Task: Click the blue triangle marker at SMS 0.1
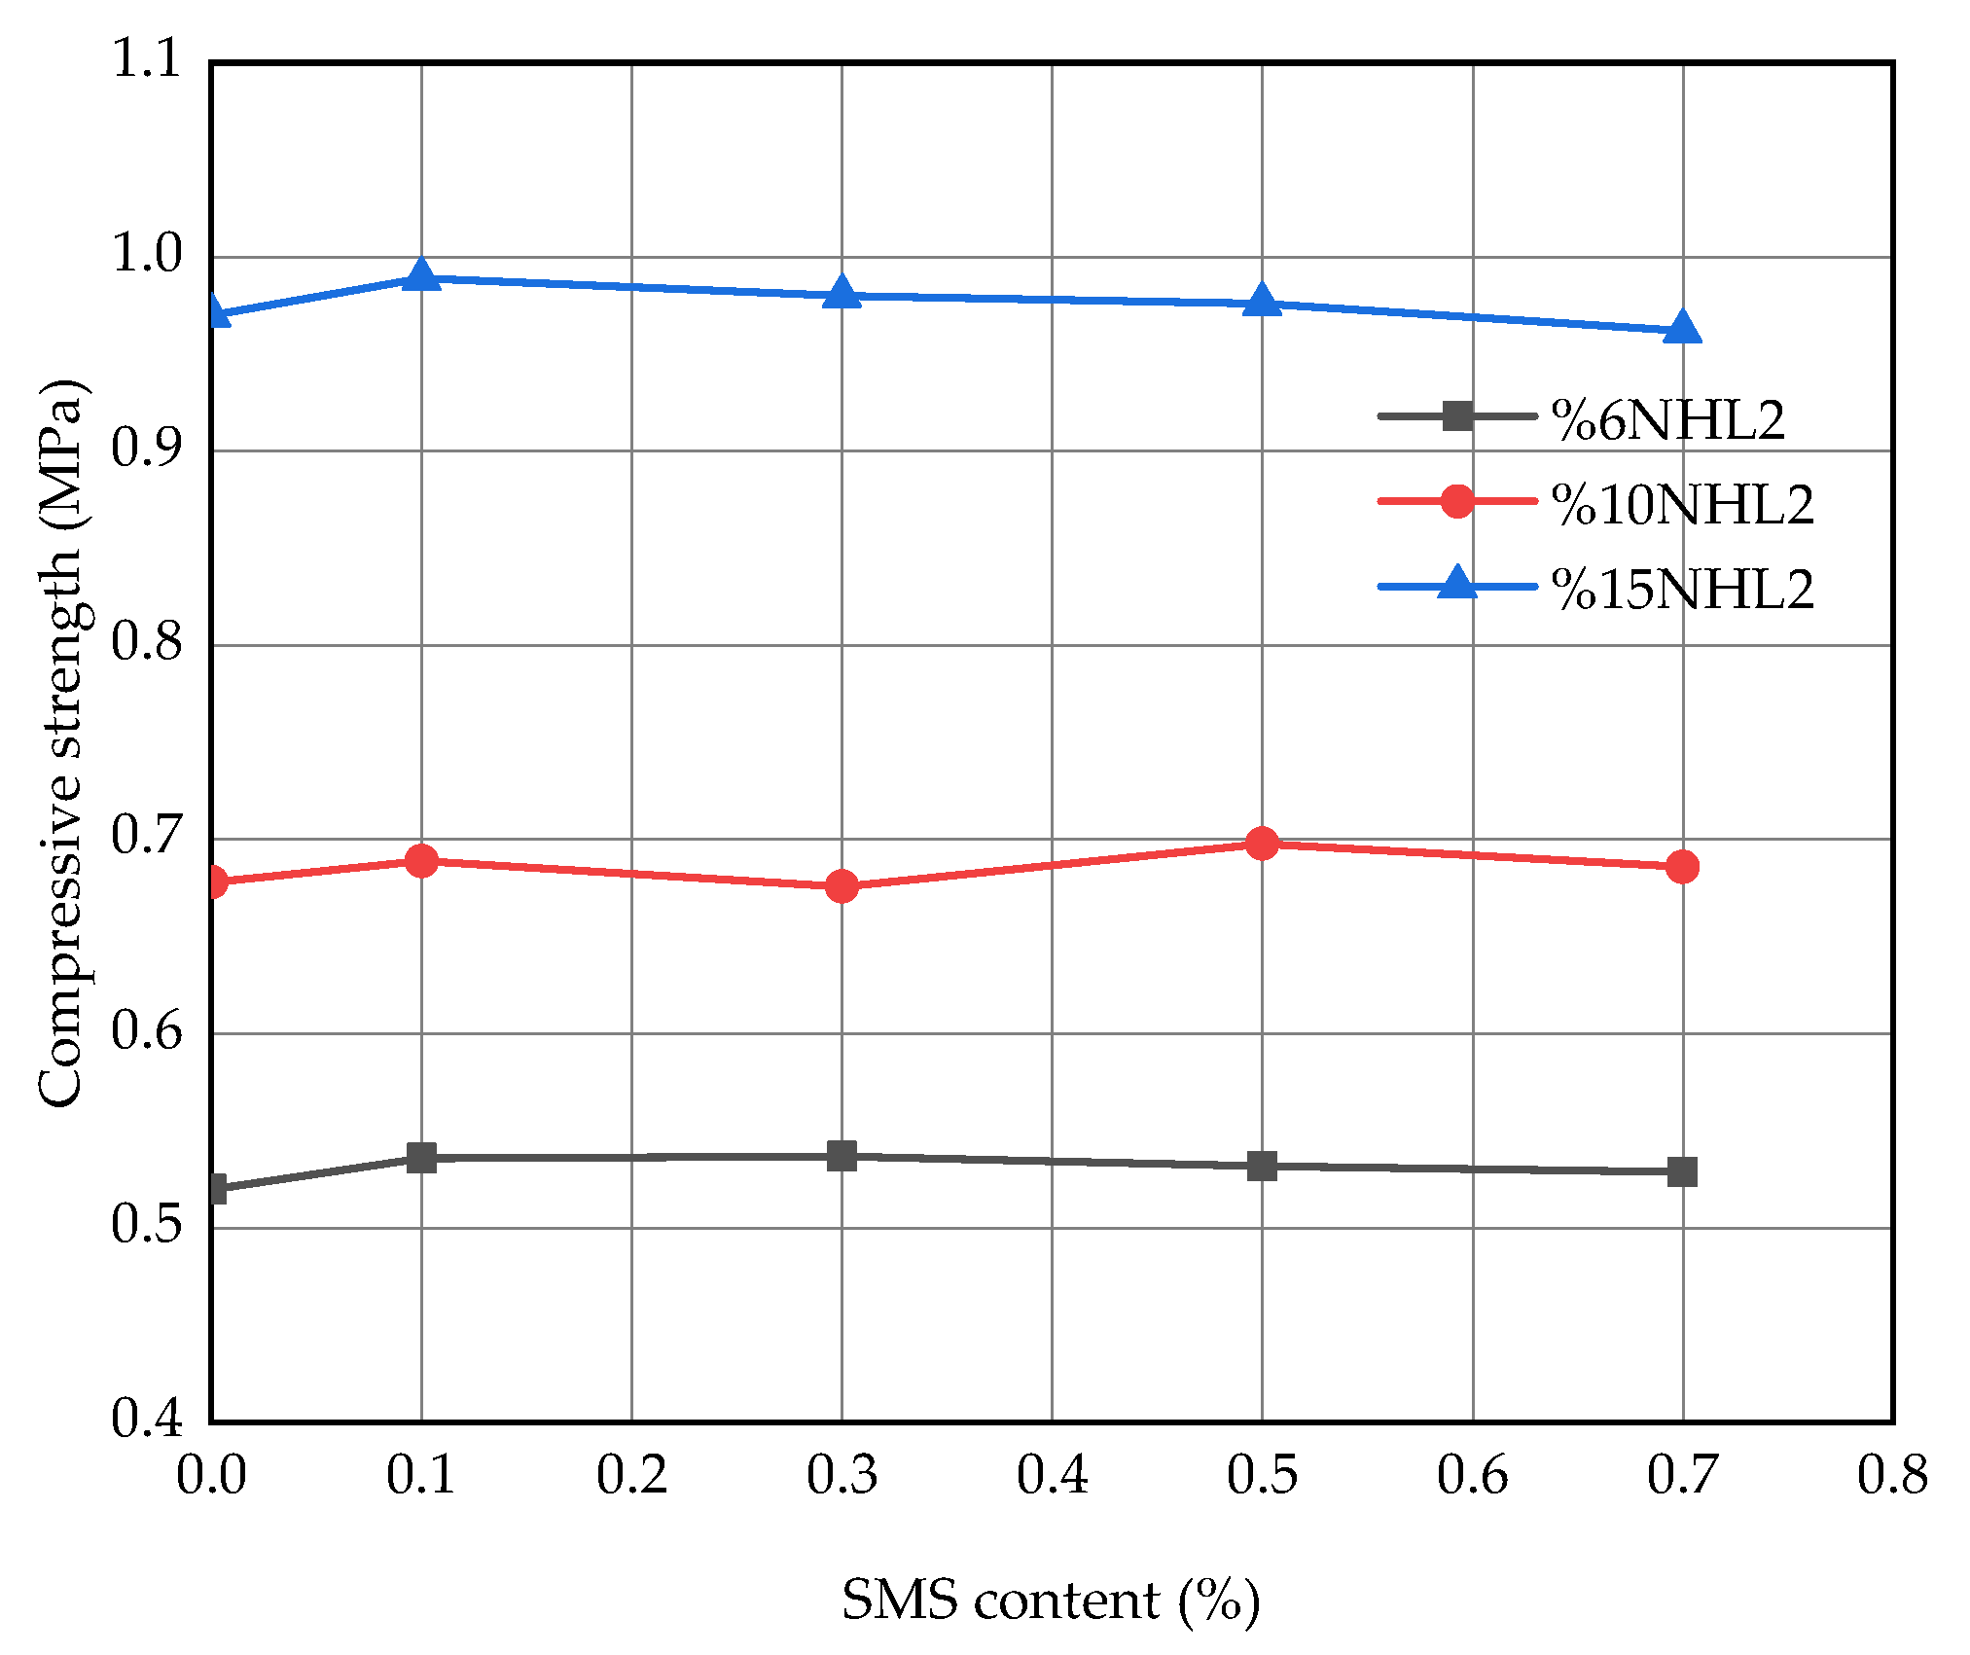coord(421,276)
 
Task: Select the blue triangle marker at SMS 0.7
coord(1682,329)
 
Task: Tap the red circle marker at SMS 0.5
coord(1262,844)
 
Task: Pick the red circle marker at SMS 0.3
coord(842,886)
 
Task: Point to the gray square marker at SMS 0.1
coord(421,1158)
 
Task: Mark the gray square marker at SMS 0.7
coord(1682,1171)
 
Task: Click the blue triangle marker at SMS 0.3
coord(842,293)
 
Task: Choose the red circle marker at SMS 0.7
coord(1682,867)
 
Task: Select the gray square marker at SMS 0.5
coord(1262,1166)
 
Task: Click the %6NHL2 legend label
coord(1668,421)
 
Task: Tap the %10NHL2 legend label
coord(1683,505)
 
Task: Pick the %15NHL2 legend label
coord(1683,590)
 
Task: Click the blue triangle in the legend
coord(1457,584)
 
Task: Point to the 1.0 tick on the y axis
coord(147,255)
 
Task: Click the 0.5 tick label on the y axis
coord(147,1225)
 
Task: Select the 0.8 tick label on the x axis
coord(1892,1475)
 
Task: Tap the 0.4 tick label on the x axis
coord(1052,1475)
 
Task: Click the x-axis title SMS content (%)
coord(1051,1601)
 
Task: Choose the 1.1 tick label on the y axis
coord(147,60)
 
